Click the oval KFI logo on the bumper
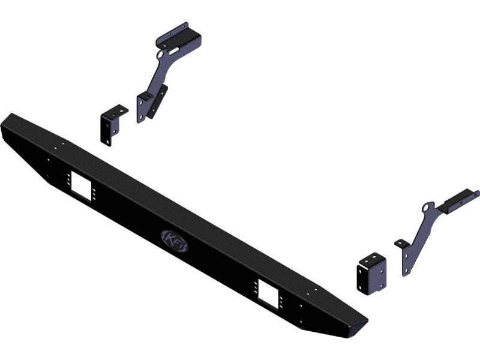tap(174, 241)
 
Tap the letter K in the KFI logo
tap(169, 238)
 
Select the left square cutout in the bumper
tap(81, 186)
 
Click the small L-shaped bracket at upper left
tap(112, 125)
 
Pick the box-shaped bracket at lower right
tap(371, 274)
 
